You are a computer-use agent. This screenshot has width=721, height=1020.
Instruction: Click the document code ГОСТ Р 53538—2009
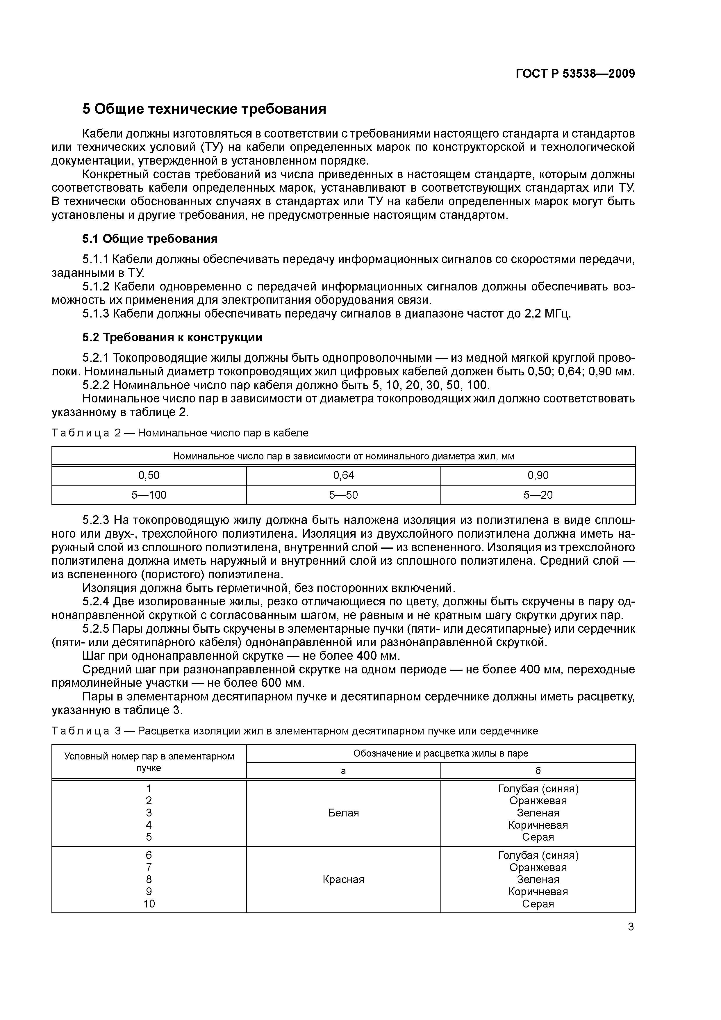click(x=575, y=74)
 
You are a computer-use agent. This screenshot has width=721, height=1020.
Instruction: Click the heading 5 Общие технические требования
click(x=204, y=109)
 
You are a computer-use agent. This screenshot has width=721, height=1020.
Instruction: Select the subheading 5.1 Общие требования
click(x=150, y=239)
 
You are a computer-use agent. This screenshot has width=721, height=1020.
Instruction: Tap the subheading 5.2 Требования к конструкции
click(x=172, y=338)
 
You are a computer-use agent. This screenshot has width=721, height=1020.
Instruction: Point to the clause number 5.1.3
click(x=96, y=314)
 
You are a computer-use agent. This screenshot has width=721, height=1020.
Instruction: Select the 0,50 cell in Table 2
click(x=149, y=475)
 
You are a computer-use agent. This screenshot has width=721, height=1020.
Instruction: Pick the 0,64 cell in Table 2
click(x=343, y=475)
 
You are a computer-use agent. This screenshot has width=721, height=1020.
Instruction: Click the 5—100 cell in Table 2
click(x=149, y=495)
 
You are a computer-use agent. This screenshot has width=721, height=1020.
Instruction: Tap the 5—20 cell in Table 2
click(x=538, y=495)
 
